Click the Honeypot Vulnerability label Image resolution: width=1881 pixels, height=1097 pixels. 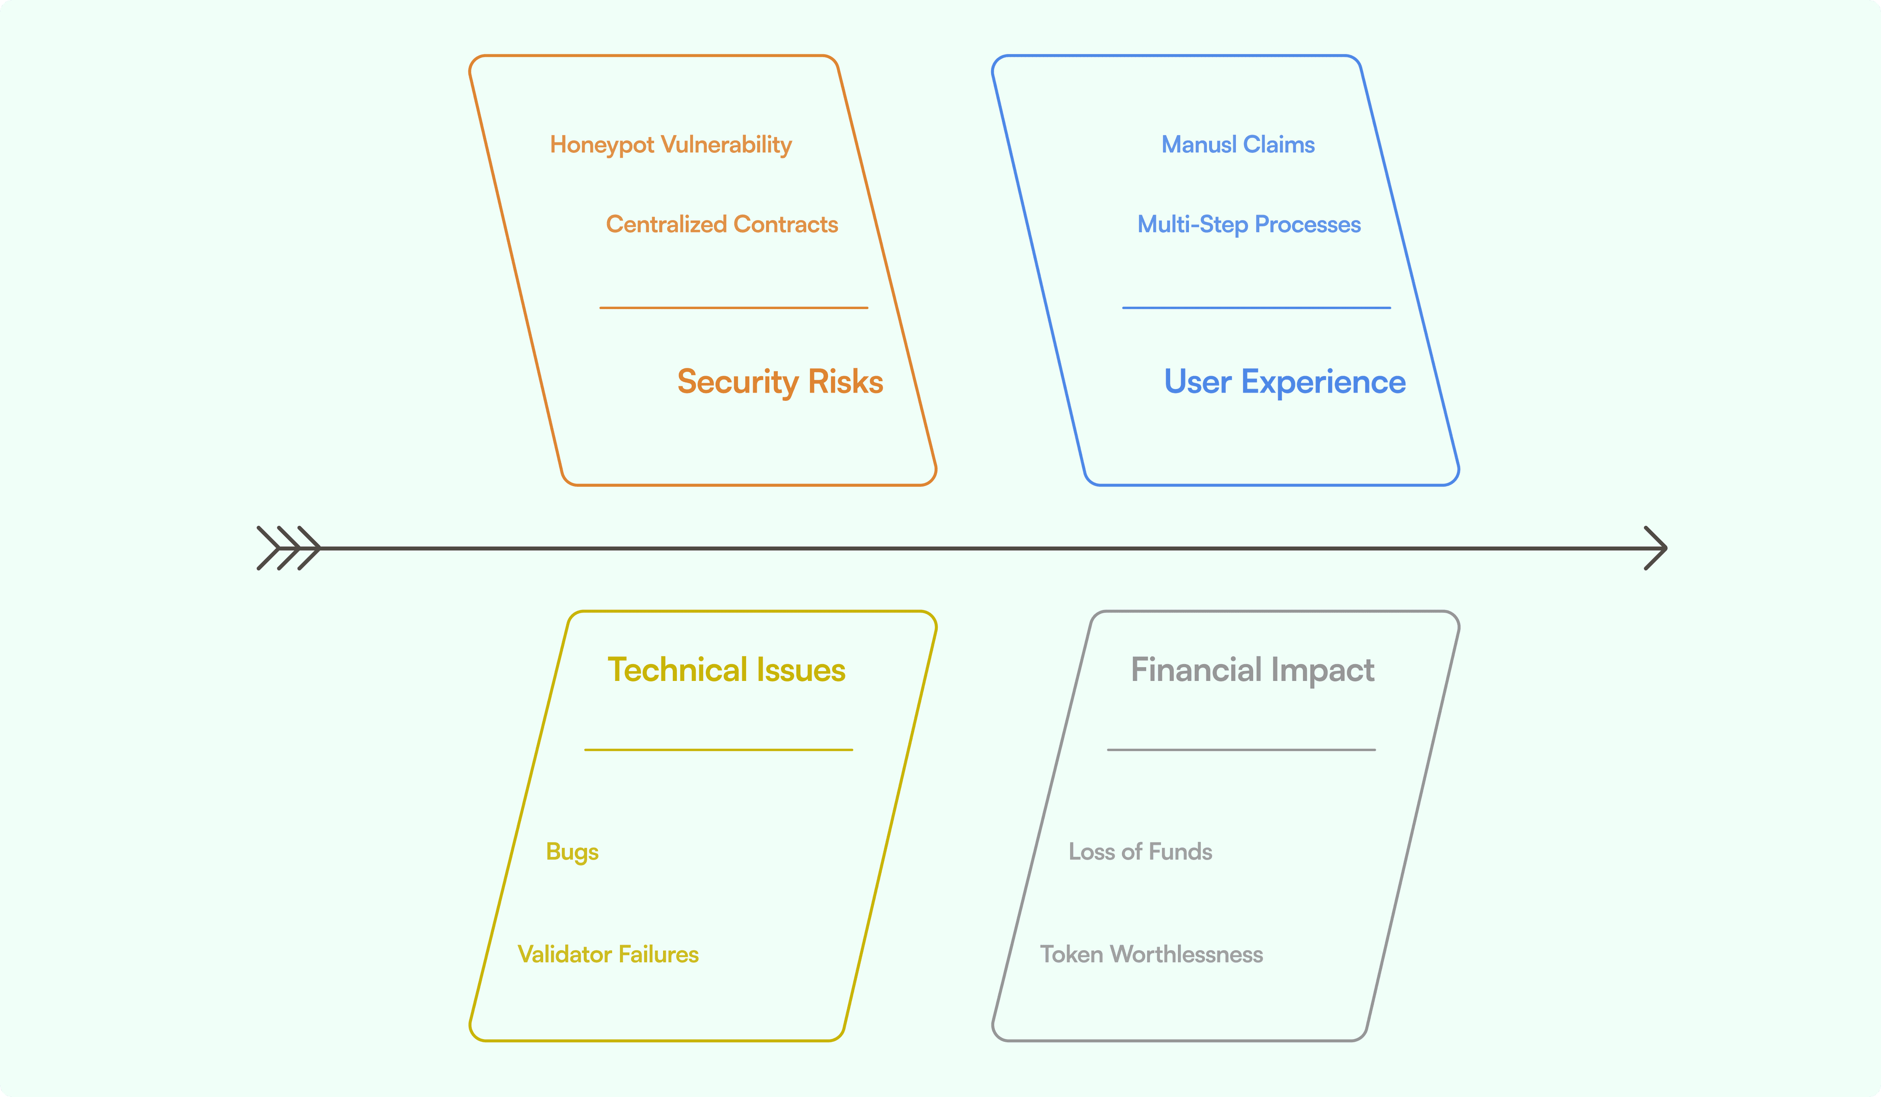pyautogui.click(x=670, y=145)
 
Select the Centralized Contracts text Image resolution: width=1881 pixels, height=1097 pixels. pyautogui.click(x=722, y=225)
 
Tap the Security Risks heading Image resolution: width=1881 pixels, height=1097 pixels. pyautogui.click(x=780, y=382)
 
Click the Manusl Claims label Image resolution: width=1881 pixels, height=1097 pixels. pyautogui.click(x=1238, y=145)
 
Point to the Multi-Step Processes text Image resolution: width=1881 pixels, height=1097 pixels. pyautogui.click(x=1249, y=225)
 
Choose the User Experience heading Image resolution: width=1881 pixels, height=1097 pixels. pyautogui.click(x=1284, y=382)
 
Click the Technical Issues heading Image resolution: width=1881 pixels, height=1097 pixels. pyautogui.click(x=726, y=670)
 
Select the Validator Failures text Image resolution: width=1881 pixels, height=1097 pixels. pyautogui.click(x=608, y=955)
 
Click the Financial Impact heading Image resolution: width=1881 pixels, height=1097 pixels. pyautogui.click(x=1252, y=670)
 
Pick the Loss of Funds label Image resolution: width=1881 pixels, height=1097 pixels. pyautogui.click(x=1140, y=851)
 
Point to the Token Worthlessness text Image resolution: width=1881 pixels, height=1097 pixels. pyautogui.click(x=1151, y=955)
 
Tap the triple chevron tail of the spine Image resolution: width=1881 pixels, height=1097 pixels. pyautogui.click(x=288, y=548)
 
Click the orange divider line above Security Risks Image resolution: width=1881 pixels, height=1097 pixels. pyautogui.click(x=734, y=308)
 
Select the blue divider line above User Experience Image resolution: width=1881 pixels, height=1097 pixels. pyautogui.click(x=1256, y=308)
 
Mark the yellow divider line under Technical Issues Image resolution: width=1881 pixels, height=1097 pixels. pyautogui.click(x=718, y=749)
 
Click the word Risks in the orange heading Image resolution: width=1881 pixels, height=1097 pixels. pyautogui.click(x=846, y=382)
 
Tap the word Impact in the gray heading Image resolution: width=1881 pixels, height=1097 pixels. pyautogui.click(x=1322, y=670)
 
